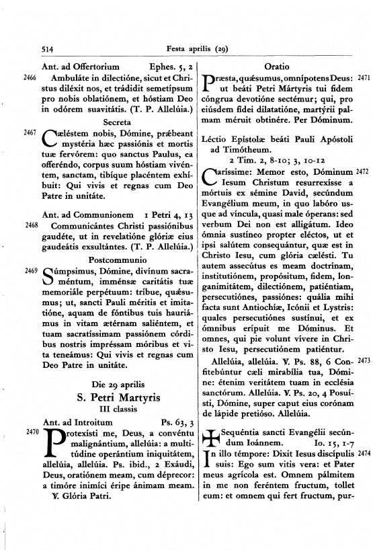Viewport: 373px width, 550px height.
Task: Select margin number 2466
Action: pyautogui.click(x=30, y=78)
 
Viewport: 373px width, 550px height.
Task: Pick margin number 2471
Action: pyautogui.click(x=363, y=79)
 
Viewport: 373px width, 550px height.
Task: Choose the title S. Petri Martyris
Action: pyautogui.click(x=118, y=398)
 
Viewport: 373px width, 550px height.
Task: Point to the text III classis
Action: pyautogui.click(x=118, y=410)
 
